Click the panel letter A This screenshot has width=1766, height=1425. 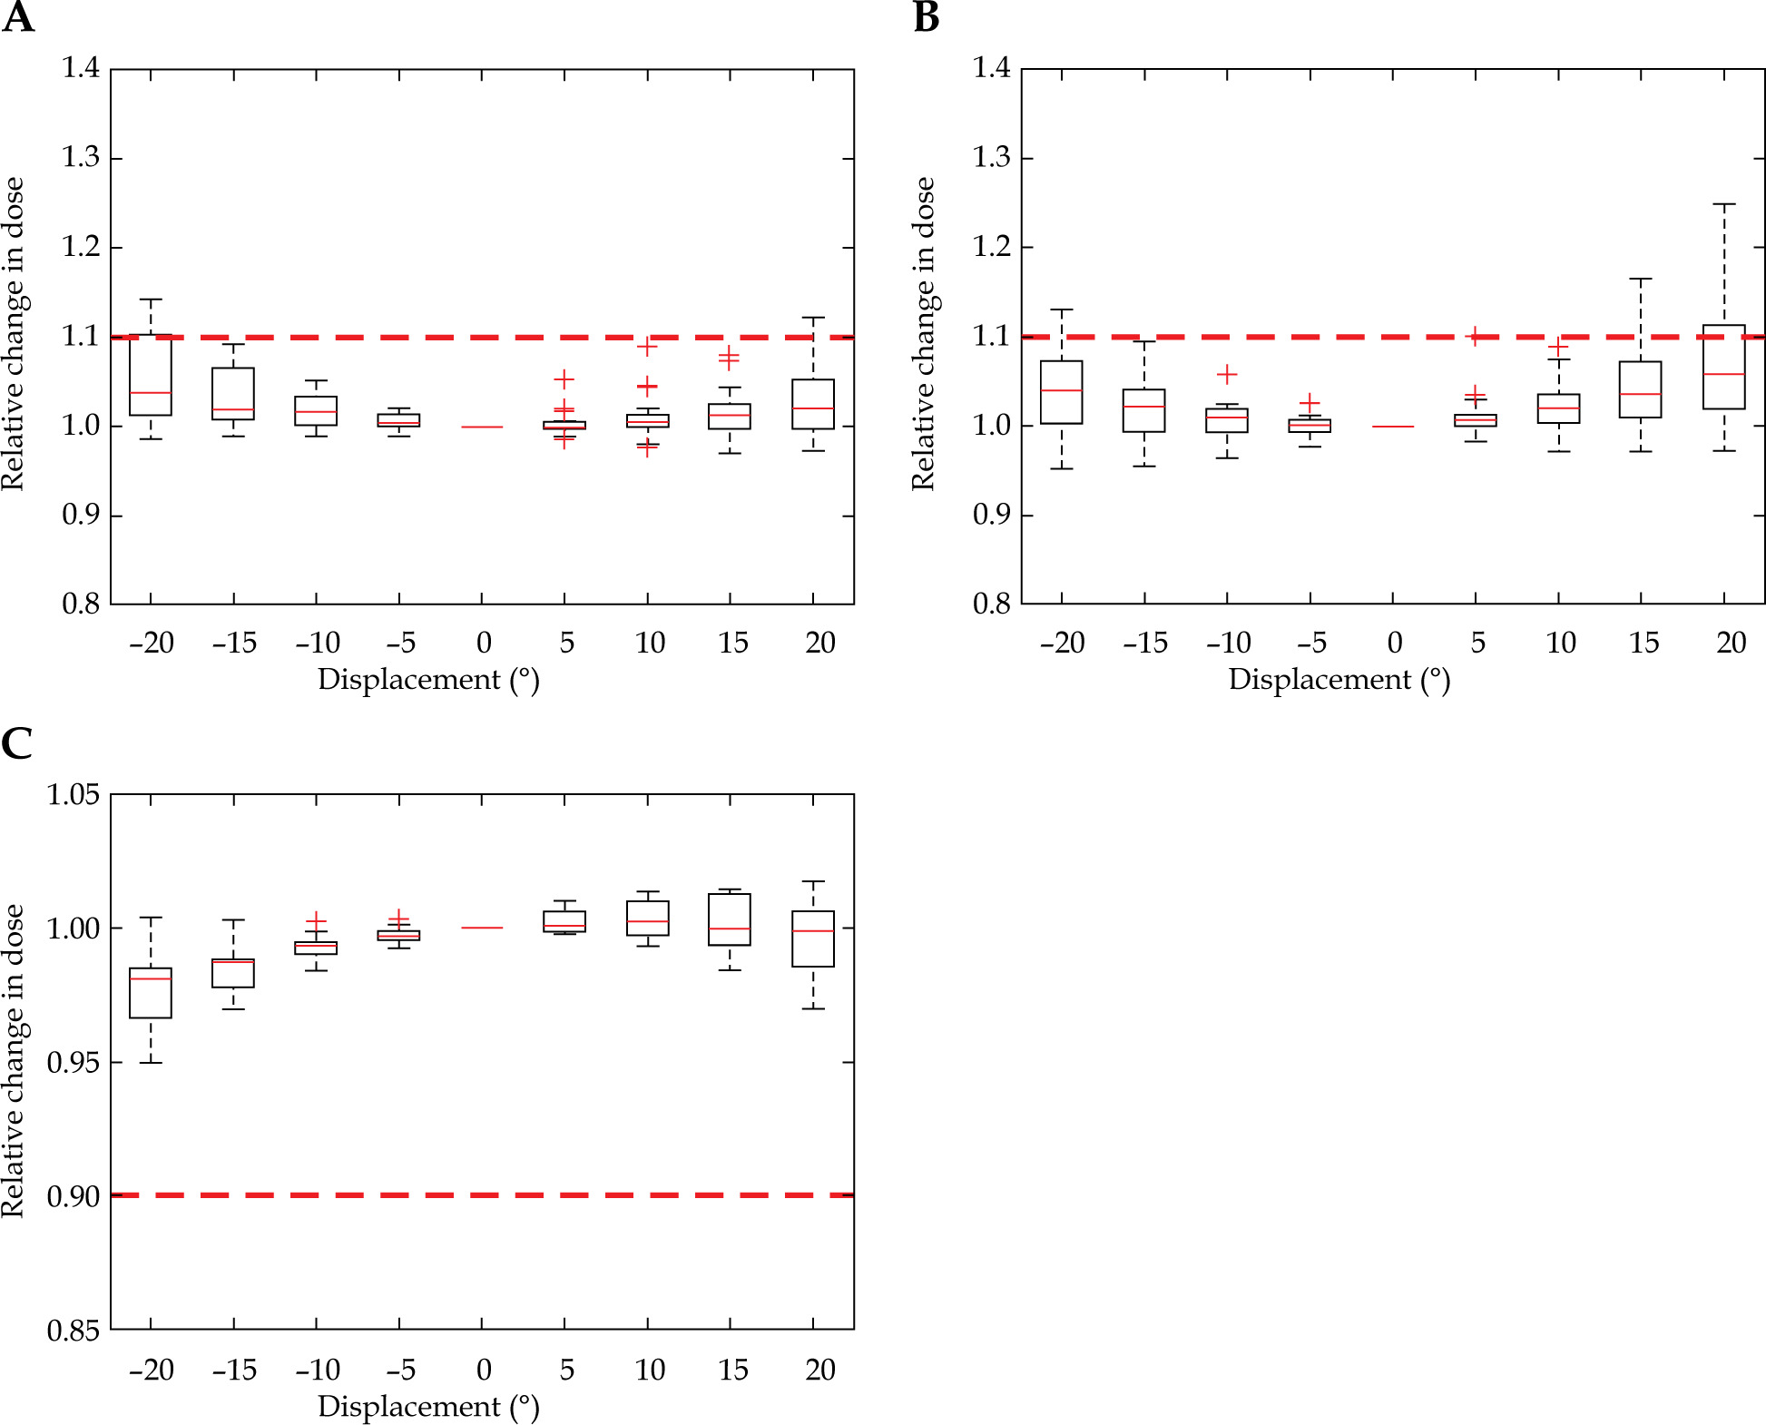(x=18, y=18)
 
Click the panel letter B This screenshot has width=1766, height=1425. (x=926, y=18)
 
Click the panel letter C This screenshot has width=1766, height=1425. (x=17, y=743)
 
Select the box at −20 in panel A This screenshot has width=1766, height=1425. (x=151, y=375)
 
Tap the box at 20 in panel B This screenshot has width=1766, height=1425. (x=1723, y=367)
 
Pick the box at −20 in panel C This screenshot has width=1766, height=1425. (x=151, y=993)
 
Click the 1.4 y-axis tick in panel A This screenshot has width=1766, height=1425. (x=81, y=68)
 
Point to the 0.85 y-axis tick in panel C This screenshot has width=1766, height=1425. (x=73, y=1331)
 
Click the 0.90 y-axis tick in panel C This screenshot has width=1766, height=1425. (x=73, y=1196)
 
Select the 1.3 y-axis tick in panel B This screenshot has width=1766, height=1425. (x=991, y=158)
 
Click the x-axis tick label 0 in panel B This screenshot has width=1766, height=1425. (x=1394, y=644)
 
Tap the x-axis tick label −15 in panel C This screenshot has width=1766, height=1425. (x=234, y=1370)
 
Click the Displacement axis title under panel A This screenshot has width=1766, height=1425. (x=428, y=680)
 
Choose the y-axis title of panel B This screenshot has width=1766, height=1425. (x=923, y=334)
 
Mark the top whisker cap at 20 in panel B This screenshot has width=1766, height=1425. (x=1723, y=204)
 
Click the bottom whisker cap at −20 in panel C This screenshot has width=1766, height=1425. (x=151, y=1062)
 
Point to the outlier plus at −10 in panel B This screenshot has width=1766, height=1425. (x=1227, y=374)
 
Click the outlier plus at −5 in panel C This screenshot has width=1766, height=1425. (x=399, y=919)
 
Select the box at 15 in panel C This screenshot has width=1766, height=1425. (x=730, y=919)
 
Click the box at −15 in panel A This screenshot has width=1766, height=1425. (x=233, y=394)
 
